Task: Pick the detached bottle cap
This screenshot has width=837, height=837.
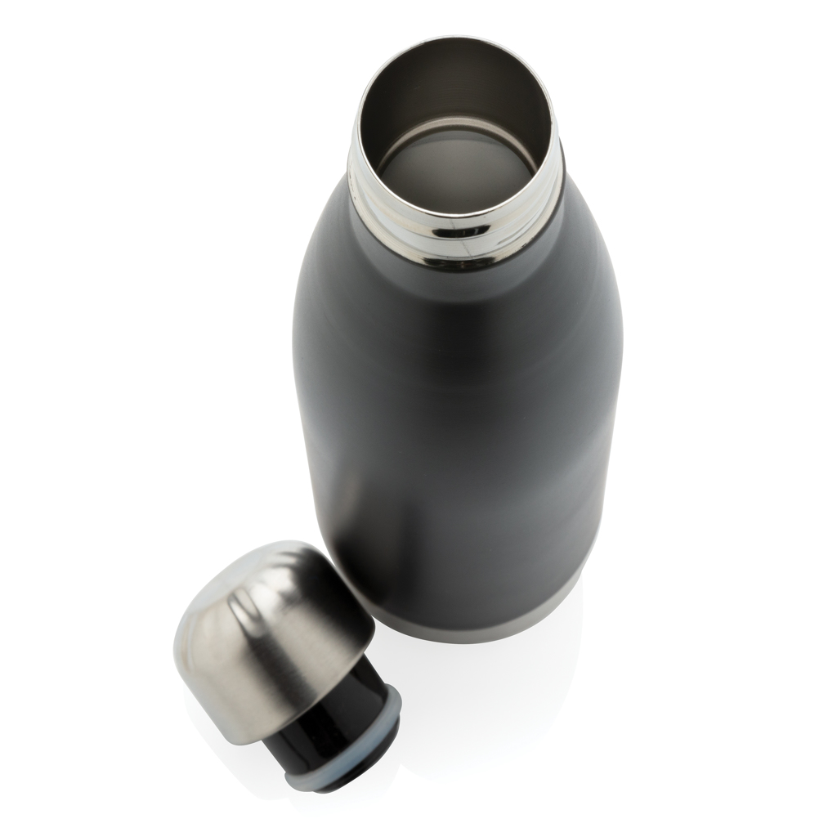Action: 286,654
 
